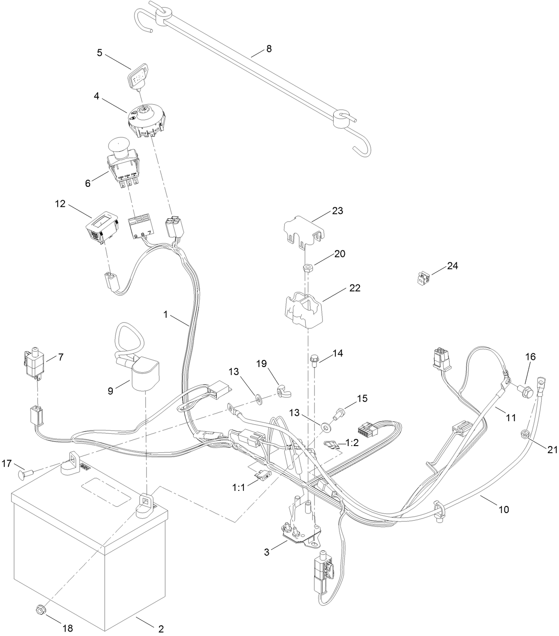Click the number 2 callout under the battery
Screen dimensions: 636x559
(161, 628)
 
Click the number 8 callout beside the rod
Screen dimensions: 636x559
(268, 48)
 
